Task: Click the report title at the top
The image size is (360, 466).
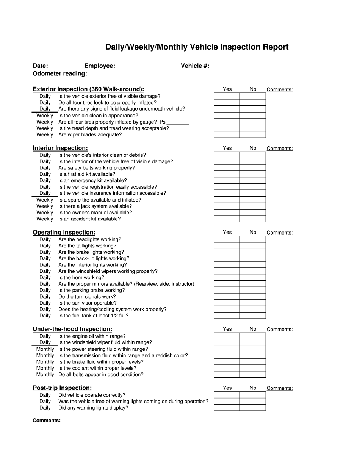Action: click(x=197, y=47)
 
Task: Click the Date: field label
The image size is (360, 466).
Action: click(x=40, y=66)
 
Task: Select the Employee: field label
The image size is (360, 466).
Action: click(x=100, y=66)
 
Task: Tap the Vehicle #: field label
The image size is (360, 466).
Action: click(x=195, y=66)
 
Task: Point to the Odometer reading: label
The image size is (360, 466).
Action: click(x=60, y=73)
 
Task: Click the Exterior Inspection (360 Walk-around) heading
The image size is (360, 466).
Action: click(x=88, y=89)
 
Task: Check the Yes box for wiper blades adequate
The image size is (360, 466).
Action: click(x=227, y=134)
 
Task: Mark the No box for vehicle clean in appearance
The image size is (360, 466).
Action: click(x=252, y=116)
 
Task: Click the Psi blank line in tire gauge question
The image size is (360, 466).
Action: click(x=178, y=122)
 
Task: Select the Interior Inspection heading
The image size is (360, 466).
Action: click(x=60, y=148)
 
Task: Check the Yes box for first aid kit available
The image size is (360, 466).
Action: click(x=227, y=174)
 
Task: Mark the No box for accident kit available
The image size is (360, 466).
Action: click(x=252, y=219)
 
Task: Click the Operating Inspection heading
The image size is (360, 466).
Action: click(x=64, y=232)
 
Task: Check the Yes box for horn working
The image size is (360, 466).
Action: click(x=227, y=277)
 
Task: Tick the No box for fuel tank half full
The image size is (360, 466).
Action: click(x=252, y=316)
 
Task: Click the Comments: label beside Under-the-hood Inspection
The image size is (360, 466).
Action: click(x=279, y=330)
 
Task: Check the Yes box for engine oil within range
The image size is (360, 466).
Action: click(x=227, y=336)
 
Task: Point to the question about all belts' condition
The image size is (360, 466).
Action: click(x=101, y=375)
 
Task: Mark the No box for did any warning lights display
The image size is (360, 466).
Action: click(x=252, y=408)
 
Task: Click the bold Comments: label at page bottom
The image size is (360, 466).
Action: click(x=47, y=421)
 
